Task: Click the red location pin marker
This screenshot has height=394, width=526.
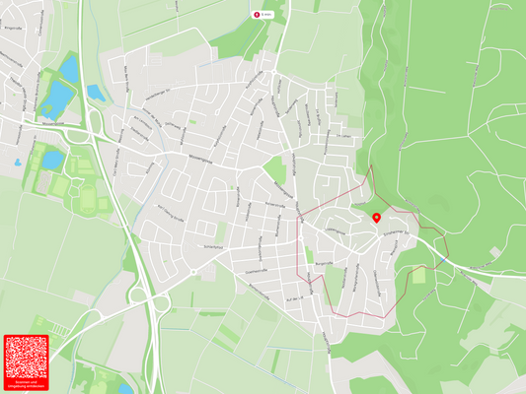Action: pos(377,216)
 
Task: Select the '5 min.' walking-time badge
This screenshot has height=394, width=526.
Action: pos(263,15)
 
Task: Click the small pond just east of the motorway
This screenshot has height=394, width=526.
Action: pos(96,93)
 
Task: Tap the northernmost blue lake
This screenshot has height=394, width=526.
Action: pos(69,67)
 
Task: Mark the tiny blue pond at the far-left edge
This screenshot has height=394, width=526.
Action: pos(17,163)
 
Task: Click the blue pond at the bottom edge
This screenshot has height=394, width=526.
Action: pos(125,388)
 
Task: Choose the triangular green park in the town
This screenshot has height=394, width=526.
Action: pos(276,173)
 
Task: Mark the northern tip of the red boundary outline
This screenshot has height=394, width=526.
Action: pos(371,167)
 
